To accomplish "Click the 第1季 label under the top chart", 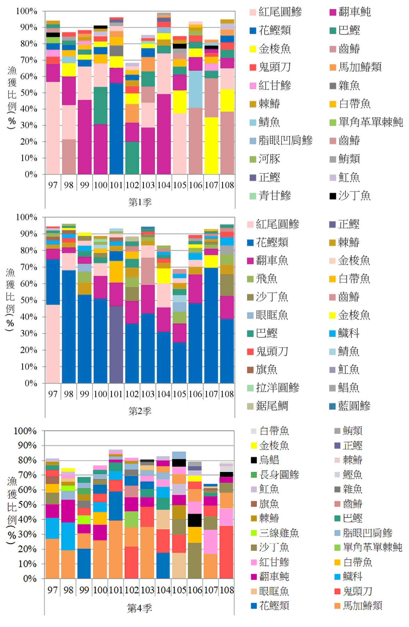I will (x=140, y=202).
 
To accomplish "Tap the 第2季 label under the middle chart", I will (x=140, y=411).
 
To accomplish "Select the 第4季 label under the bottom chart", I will (x=139, y=608).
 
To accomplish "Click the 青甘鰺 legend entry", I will (x=274, y=196).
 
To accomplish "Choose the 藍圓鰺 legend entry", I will (x=354, y=406).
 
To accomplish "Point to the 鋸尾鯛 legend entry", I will (x=272, y=406).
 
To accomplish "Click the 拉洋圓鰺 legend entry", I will (x=277, y=388).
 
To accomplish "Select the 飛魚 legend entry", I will (x=266, y=279).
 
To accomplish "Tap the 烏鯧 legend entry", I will (x=269, y=460).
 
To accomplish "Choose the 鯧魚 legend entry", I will (x=348, y=388).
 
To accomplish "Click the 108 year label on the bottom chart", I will (x=227, y=590).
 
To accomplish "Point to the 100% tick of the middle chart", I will (x=27, y=217).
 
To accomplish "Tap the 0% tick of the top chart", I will (x=31, y=174).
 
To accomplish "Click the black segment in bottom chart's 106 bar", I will (x=195, y=520).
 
